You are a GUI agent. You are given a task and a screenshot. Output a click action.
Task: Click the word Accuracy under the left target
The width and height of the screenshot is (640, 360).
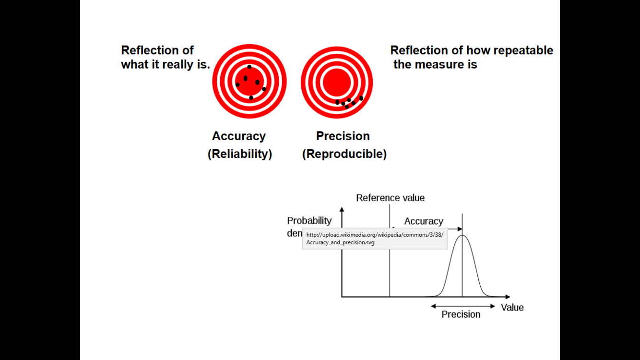click(238, 136)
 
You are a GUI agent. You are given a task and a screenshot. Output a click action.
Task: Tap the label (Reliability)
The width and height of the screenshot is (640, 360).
click(239, 154)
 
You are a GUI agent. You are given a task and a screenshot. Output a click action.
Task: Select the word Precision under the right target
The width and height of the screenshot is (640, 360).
click(343, 136)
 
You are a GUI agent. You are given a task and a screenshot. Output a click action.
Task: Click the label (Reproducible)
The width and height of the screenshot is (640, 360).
click(344, 154)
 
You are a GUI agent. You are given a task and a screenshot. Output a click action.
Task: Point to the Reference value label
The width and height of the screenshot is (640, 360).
click(390, 198)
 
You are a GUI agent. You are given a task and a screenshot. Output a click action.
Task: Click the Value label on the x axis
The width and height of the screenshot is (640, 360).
click(512, 308)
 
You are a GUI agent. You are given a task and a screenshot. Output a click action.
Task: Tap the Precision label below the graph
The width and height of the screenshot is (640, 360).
click(461, 314)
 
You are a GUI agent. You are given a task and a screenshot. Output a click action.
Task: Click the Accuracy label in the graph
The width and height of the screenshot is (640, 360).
click(424, 221)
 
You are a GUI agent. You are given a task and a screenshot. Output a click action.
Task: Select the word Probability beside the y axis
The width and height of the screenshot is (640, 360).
click(309, 221)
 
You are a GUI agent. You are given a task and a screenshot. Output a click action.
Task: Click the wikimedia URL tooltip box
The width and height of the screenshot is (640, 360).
click(375, 239)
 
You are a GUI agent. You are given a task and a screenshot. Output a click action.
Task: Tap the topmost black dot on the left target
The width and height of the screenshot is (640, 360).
click(249, 67)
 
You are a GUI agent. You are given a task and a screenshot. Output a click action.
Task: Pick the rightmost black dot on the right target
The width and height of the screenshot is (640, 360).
click(361, 98)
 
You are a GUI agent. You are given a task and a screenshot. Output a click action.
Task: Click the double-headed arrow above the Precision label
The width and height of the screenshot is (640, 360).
click(462, 306)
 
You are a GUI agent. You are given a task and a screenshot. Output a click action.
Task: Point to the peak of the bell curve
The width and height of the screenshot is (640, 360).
click(462, 235)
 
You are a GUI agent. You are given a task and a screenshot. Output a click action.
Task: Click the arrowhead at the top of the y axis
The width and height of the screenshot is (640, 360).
click(342, 209)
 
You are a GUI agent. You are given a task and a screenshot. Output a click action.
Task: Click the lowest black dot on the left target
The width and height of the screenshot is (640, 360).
click(251, 98)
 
